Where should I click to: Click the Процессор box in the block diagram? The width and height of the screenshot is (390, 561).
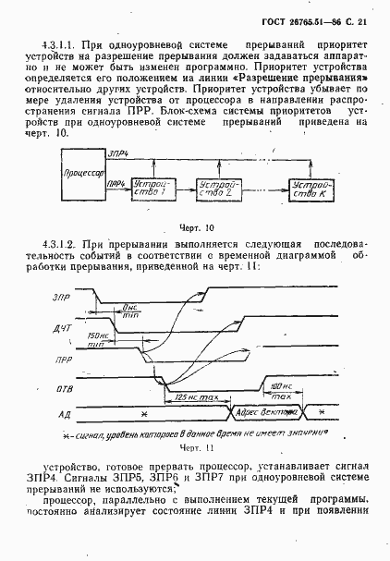pos(83,174)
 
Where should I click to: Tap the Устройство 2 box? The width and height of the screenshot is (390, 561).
pos(218,190)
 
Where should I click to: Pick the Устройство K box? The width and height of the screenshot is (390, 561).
pos(310,190)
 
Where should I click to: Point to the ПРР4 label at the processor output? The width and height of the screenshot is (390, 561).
pos(117,185)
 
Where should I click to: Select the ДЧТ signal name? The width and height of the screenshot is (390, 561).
pos(63,327)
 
